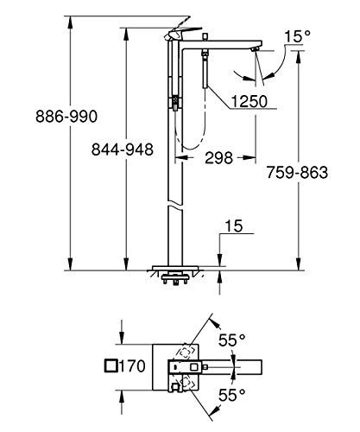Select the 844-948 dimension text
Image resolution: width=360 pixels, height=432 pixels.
(x=123, y=149)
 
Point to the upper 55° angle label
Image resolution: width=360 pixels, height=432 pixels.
(x=231, y=341)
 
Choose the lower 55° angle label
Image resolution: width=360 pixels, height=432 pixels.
(x=231, y=393)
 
